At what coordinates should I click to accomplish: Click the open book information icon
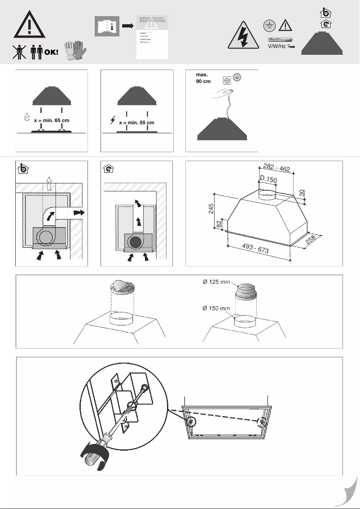106,27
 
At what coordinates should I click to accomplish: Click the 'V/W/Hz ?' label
278,46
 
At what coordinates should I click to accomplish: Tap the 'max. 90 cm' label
203,78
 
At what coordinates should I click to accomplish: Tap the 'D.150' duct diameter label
268,180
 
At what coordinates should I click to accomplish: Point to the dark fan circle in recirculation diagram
135,242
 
